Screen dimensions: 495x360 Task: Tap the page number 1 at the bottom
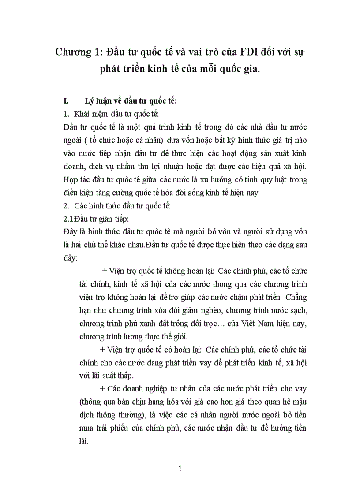point(180,469)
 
